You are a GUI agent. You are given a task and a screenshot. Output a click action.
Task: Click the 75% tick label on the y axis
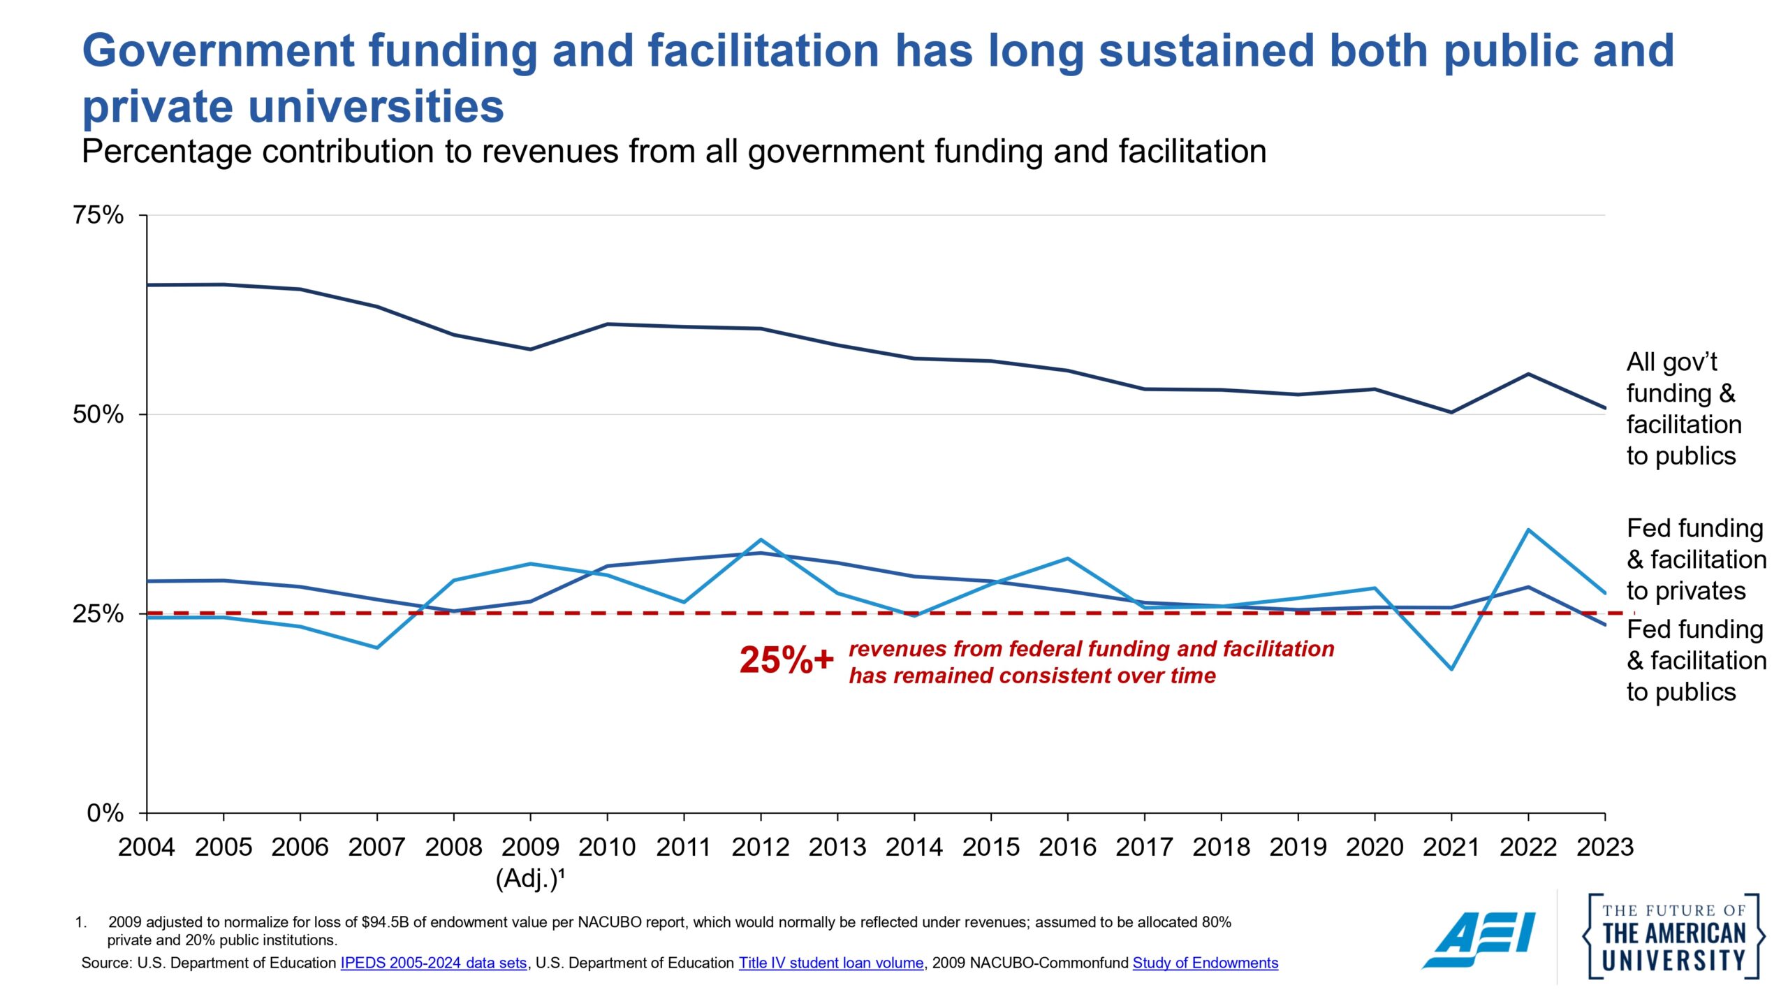point(98,214)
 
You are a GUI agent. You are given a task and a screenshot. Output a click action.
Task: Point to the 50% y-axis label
point(98,414)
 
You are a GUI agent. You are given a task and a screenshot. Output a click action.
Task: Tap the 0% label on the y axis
point(105,813)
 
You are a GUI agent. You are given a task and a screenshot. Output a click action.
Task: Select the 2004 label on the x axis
point(146,847)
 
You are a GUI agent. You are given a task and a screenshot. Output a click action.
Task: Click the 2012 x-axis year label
point(760,847)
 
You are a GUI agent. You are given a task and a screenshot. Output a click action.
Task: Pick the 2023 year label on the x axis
point(1604,847)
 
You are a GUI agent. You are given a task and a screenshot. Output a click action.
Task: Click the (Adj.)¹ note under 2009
point(529,878)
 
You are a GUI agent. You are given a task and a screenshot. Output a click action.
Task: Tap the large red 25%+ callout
point(786,660)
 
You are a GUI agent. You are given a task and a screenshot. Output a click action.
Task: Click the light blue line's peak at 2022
point(1528,530)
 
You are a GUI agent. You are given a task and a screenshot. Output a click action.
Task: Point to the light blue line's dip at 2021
point(1451,669)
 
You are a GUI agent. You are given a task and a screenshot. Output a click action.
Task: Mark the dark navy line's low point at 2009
point(530,349)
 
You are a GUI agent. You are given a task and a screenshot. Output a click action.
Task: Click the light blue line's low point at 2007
point(377,648)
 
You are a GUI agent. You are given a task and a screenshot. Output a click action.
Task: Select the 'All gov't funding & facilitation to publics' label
point(1683,409)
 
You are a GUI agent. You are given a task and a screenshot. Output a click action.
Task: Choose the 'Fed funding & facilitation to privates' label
point(1696,560)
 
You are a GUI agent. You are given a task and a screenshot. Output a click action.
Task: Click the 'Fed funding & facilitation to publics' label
point(1696,661)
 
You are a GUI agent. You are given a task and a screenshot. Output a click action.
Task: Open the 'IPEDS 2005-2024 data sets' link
point(433,963)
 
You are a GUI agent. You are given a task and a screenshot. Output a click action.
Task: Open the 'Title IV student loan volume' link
point(830,963)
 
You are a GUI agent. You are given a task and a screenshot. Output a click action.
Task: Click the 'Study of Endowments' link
point(1205,963)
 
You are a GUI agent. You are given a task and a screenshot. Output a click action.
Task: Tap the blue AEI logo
point(1479,940)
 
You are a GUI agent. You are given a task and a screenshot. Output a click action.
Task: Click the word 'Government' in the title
point(219,51)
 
